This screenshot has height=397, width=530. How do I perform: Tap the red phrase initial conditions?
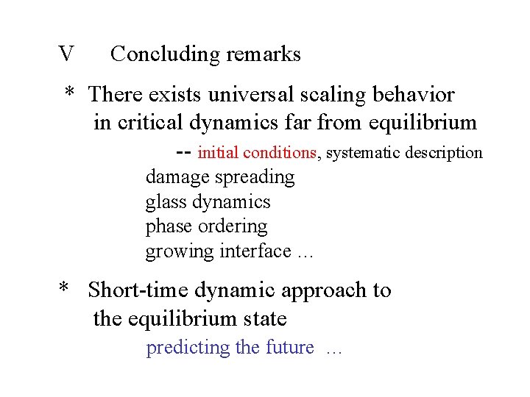click(x=257, y=153)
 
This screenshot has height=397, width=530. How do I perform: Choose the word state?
click(x=264, y=319)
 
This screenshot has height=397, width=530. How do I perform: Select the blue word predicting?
click(x=188, y=348)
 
